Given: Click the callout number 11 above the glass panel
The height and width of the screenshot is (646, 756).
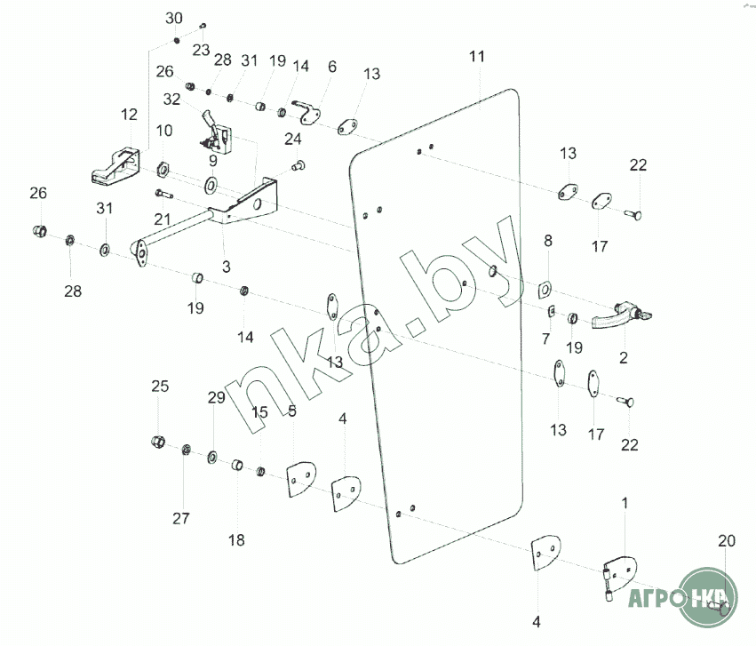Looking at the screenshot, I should coord(477,57).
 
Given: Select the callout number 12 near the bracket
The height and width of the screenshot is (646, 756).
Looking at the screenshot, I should coord(130,115).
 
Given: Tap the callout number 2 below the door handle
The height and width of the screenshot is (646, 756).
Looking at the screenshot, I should coord(623,358).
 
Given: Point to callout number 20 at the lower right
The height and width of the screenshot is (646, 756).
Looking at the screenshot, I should coord(727,541).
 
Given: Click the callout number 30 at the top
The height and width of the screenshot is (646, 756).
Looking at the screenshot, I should coord(174,19).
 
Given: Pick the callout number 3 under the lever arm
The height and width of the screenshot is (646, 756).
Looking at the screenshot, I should coord(227,266).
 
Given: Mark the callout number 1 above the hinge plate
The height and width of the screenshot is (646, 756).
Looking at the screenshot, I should coord(625,503).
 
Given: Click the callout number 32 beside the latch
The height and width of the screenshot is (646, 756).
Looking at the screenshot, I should coord(172,99).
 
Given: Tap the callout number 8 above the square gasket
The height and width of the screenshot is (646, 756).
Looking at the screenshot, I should coord(547,240).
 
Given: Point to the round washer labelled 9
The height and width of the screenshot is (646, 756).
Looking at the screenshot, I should coord(213,186).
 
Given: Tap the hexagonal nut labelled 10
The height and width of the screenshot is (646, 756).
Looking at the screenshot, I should coord(163,166).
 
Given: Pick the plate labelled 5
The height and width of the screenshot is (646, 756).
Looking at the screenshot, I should coord(298,477).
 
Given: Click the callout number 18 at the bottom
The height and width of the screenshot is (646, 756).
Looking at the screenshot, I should coord(236,539).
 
